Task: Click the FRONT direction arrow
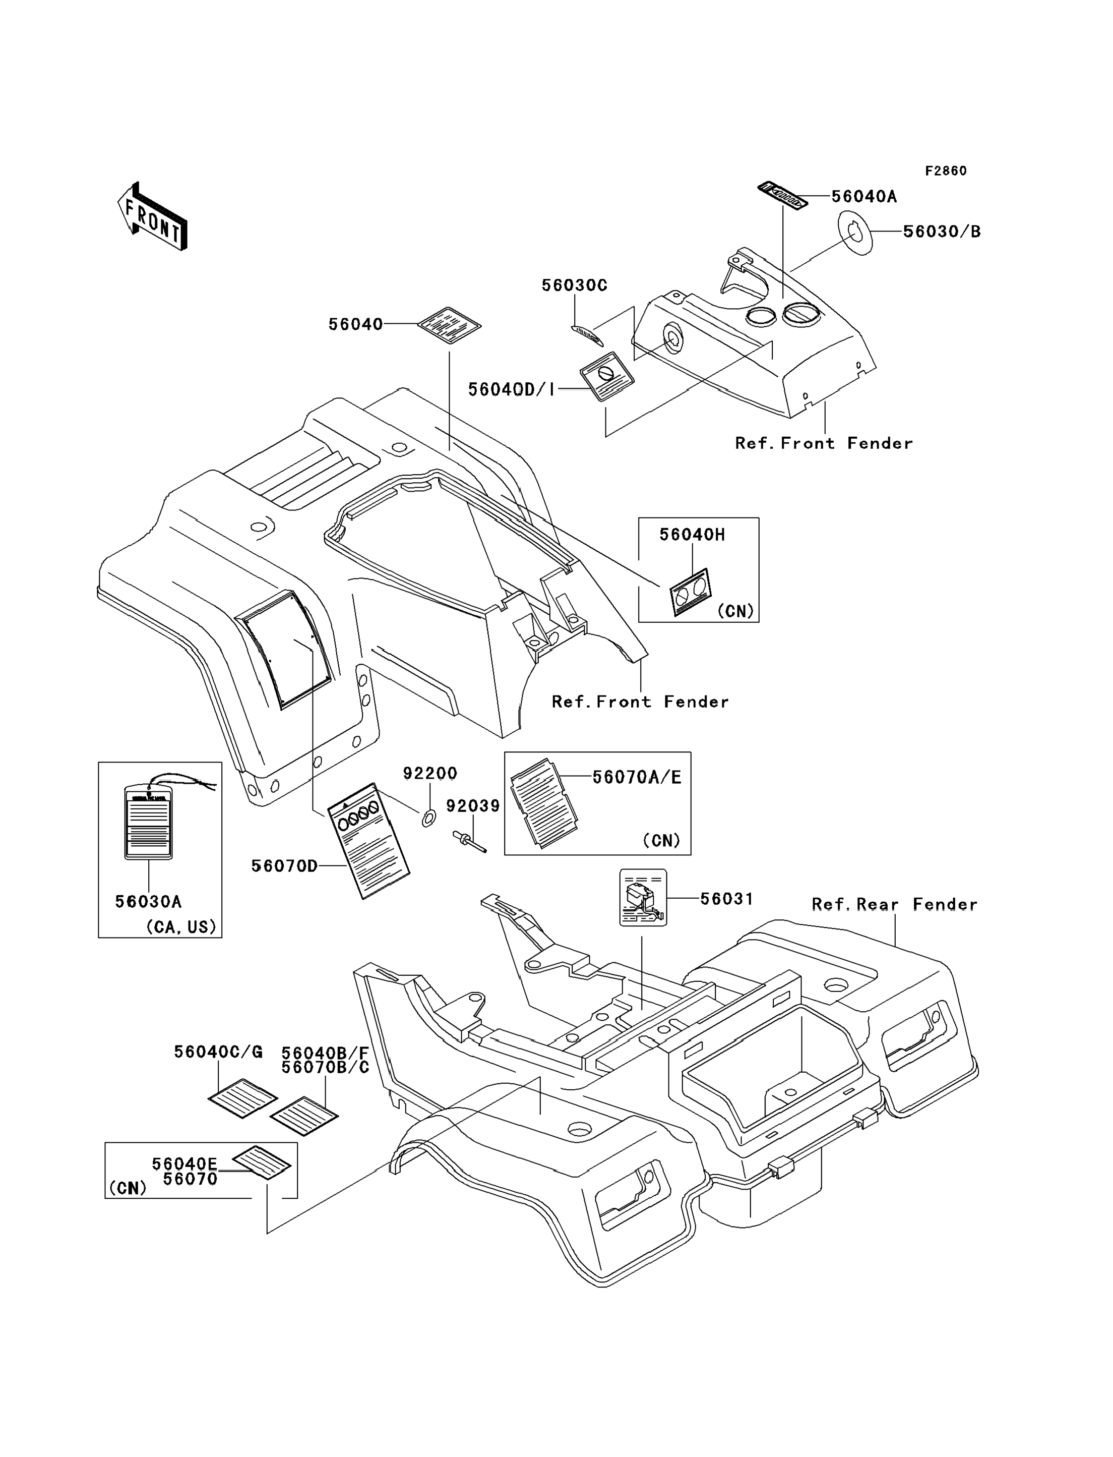pyautogui.click(x=152, y=217)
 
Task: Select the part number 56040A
pyautogui.click(x=864, y=196)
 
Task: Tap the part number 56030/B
pyautogui.click(x=942, y=231)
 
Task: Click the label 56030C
pyautogui.click(x=574, y=285)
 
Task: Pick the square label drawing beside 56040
pyautogui.click(x=449, y=325)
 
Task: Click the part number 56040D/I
pyautogui.click(x=512, y=389)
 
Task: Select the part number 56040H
pyautogui.click(x=692, y=535)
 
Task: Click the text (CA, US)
pyautogui.click(x=181, y=926)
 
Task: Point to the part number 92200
pyautogui.click(x=430, y=773)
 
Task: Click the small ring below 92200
pyautogui.click(x=428, y=818)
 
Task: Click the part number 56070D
pyautogui.click(x=284, y=866)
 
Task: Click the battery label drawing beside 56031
pyautogui.click(x=643, y=898)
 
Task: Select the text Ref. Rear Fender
pyautogui.click(x=894, y=904)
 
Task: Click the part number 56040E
pyautogui.click(x=184, y=1164)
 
